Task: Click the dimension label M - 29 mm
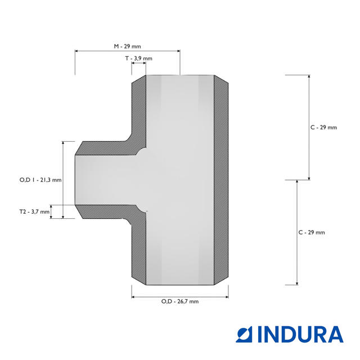(x=128, y=46)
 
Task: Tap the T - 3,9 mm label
(x=139, y=58)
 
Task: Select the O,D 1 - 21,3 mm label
(x=40, y=180)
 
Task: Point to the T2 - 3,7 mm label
(x=34, y=211)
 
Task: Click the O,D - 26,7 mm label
(x=180, y=301)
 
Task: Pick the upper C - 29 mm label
(x=323, y=128)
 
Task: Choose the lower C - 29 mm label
(x=312, y=232)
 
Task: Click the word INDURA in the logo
(x=300, y=334)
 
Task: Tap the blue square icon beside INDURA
(x=244, y=334)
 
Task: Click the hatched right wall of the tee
(x=221, y=180)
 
